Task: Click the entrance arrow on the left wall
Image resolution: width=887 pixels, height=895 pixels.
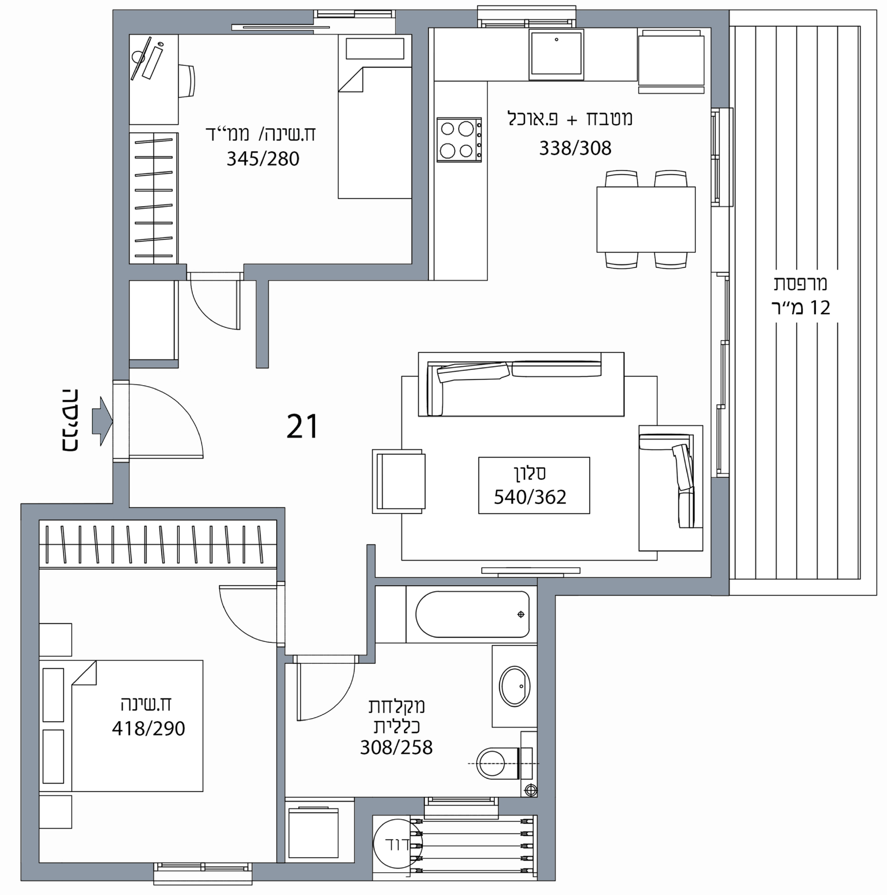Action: coord(102,422)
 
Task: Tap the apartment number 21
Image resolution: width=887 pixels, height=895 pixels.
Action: coord(302,426)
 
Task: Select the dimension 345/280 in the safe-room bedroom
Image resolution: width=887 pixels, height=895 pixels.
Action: coord(263,159)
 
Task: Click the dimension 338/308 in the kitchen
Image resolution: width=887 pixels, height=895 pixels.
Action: coord(575,148)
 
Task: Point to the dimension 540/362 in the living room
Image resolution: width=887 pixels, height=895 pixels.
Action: coord(530,497)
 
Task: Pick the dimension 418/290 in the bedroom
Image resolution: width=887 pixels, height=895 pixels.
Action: coord(148,729)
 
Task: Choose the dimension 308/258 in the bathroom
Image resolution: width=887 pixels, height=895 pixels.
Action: coord(396,747)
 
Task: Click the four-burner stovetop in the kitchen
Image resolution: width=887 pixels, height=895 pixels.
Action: coord(459,139)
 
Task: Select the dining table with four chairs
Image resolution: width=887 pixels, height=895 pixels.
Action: coord(646,220)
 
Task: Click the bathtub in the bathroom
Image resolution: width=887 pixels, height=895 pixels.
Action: coord(472,614)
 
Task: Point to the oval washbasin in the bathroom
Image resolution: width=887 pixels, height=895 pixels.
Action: coord(514,686)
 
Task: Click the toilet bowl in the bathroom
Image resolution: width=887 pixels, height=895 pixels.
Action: coord(498,763)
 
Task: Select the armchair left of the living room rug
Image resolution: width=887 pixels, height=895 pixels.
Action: coord(399,481)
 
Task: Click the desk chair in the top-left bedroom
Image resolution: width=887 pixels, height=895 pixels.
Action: coord(187,81)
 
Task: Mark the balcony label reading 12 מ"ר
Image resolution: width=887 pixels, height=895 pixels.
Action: coord(801,308)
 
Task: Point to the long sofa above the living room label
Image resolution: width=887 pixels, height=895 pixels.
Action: coord(521,384)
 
